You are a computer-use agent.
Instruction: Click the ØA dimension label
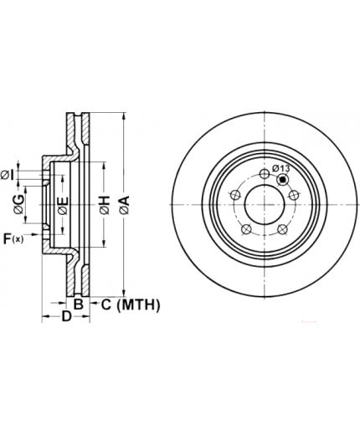click(125, 205)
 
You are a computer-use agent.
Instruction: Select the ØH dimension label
click(105, 206)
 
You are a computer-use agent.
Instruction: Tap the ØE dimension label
click(64, 206)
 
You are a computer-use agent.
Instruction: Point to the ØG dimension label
click(19, 204)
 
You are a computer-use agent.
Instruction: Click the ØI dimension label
click(7, 175)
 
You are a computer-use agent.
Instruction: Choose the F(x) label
click(13, 239)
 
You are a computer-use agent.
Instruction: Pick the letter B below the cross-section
click(79, 304)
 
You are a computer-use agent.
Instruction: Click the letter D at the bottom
click(66, 316)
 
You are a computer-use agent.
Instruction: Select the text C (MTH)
click(131, 304)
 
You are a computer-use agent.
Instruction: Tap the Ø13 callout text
click(281, 168)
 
